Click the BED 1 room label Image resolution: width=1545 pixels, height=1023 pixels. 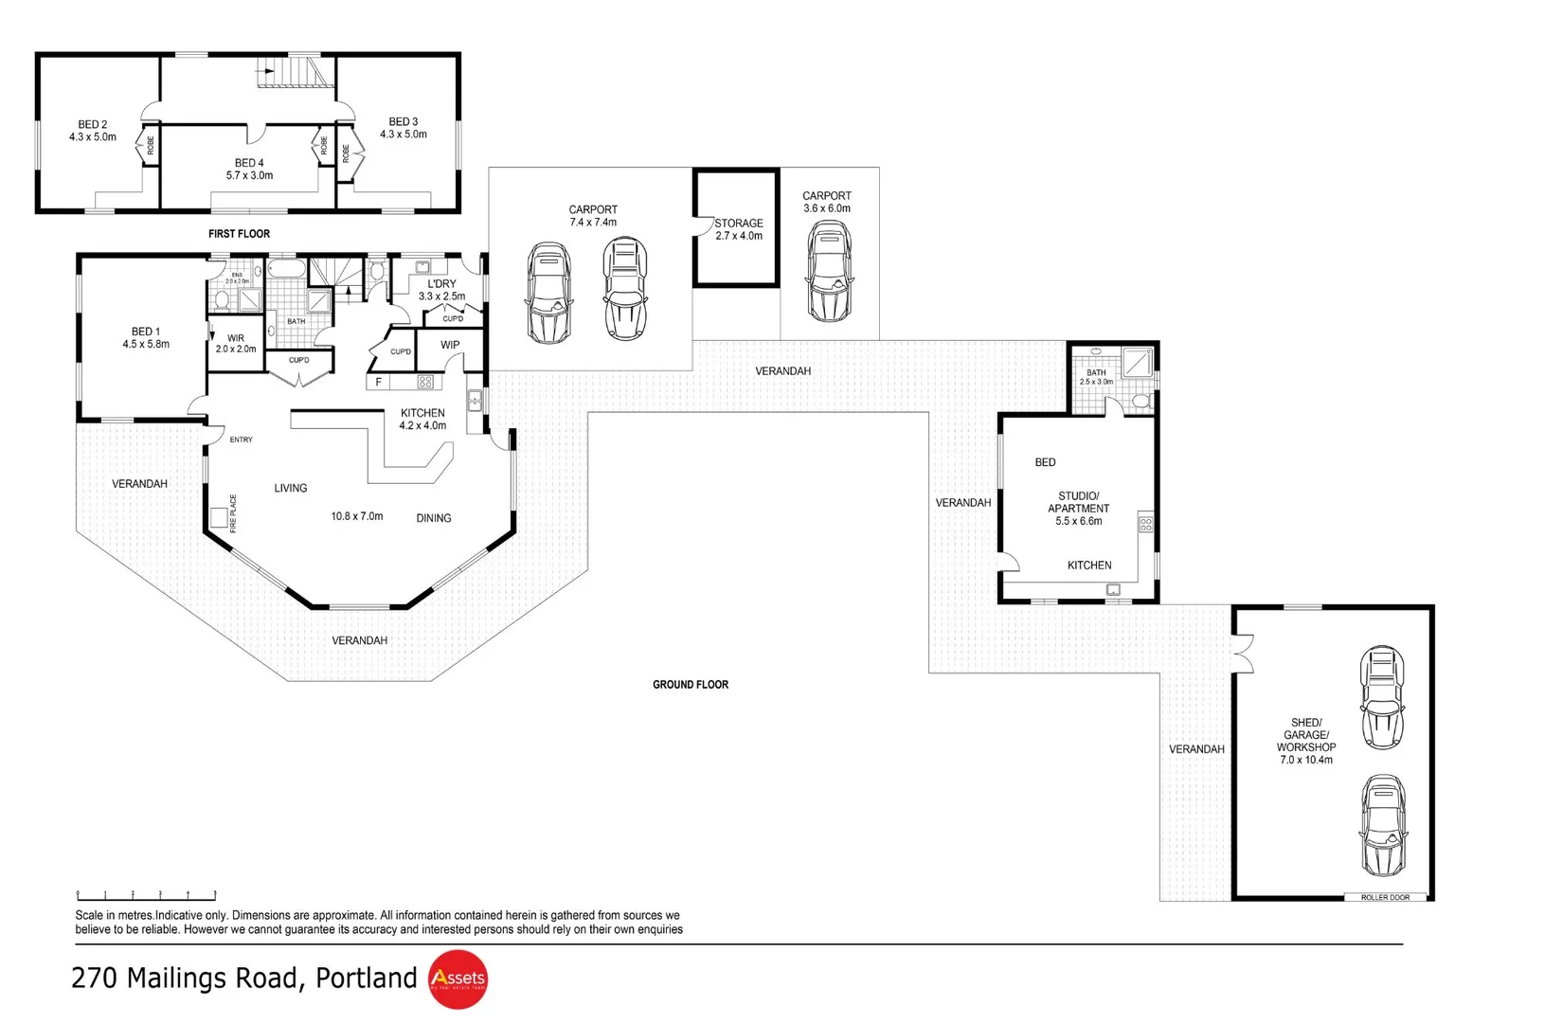pos(146,332)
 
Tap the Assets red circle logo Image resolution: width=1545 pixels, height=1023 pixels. pos(458,978)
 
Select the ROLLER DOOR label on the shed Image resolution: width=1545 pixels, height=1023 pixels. pos(1385,897)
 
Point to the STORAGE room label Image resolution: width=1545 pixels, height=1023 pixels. pos(739,224)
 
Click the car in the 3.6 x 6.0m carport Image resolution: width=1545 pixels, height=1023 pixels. pos(828,272)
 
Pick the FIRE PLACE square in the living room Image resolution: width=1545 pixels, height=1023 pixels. pos(219,517)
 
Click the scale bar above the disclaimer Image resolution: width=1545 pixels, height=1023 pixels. pos(147,895)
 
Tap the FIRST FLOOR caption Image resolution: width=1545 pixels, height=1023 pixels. pos(239,234)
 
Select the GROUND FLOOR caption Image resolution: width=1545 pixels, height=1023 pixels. pos(691,685)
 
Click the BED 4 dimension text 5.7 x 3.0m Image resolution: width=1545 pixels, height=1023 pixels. pos(249,176)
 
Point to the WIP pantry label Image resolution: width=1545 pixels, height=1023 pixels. pos(450,346)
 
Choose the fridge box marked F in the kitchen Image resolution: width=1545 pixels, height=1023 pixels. pos(379,383)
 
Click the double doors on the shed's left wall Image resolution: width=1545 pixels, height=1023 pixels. pos(1243,654)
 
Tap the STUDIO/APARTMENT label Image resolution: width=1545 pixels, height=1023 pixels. pos(1079,502)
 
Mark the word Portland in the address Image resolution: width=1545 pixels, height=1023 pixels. pos(366,978)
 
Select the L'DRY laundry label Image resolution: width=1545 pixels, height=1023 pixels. pos(441,284)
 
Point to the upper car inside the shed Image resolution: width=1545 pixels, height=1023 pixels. pos(1381,697)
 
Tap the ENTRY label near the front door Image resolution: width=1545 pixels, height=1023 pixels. pos(242,440)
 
